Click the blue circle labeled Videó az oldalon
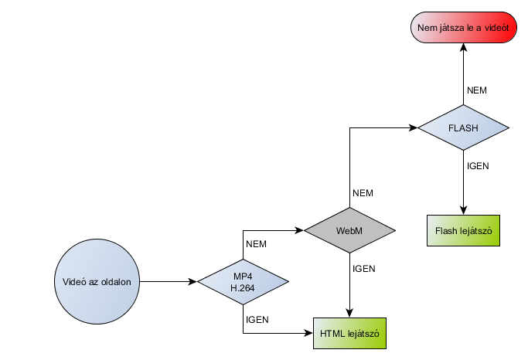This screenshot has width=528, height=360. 97,282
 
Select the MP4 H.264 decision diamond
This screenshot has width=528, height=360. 243,282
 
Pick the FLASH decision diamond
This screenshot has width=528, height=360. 463,128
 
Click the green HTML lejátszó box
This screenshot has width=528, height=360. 349,334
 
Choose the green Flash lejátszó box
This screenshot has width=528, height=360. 464,230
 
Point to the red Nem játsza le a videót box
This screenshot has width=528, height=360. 463,29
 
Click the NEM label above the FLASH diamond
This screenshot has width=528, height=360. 478,90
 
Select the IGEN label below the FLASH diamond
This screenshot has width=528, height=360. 478,165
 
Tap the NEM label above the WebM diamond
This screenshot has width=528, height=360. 363,192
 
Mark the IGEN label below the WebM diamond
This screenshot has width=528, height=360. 363,269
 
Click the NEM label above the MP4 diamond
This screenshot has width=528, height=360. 256,244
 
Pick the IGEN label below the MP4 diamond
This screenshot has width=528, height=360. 257,319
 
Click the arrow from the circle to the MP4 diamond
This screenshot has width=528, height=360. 169,282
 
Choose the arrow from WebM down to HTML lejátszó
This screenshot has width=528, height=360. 349,286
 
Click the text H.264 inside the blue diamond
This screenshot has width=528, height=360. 243,287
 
